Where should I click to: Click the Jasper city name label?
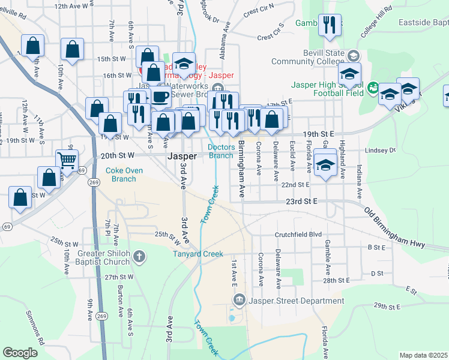(182, 155)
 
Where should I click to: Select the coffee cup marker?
(160, 98)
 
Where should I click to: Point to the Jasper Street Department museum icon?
(239, 299)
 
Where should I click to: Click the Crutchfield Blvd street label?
(298, 235)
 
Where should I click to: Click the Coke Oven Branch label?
(124, 175)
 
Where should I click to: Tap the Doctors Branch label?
(220, 151)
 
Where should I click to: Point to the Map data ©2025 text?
(423, 355)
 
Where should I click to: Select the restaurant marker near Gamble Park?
(328, 25)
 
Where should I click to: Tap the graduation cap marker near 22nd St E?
(325, 164)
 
